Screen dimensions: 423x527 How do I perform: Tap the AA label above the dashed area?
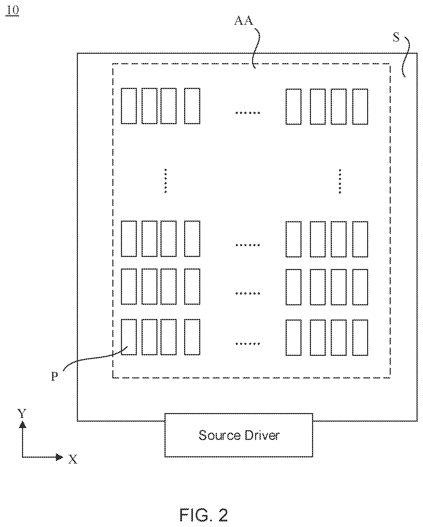(x=244, y=20)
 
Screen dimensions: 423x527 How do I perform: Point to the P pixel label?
(x=55, y=377)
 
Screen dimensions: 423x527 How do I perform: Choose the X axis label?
(x=73, y=459)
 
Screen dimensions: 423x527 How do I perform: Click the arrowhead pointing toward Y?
(x=23, y=424)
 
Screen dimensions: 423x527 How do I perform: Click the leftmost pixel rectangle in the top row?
(x=129, y=106)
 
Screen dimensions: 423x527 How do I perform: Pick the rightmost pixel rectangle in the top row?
(x=360, y=106)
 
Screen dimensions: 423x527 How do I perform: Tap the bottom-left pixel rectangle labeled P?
(x=129, y=337)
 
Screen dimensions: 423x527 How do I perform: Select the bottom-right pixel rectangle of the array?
(x=360, y=338)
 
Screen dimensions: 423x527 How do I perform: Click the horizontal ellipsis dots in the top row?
(x=248, y=113)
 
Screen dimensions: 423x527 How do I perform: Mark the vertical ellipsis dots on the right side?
(x=340, y=181)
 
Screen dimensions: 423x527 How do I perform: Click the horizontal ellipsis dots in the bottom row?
(x=248, y=343)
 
